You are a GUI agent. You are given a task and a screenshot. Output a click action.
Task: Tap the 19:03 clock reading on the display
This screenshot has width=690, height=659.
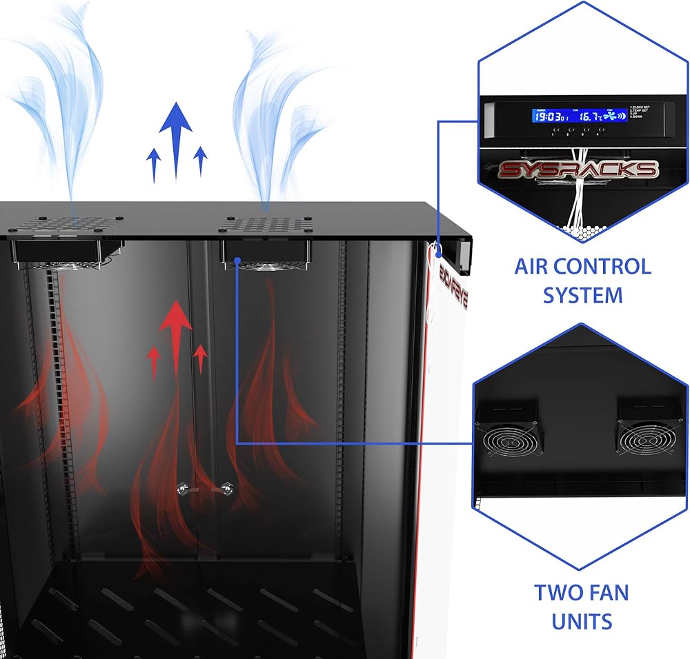[x=547, y=116]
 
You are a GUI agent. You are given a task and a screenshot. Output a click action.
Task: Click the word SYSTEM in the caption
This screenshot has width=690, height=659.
[x=582, y=295]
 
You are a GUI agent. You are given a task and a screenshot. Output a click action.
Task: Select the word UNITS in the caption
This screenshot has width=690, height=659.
[x=582, y=621]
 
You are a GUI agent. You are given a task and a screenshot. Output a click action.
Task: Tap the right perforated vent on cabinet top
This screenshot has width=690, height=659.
[x=265, y=225]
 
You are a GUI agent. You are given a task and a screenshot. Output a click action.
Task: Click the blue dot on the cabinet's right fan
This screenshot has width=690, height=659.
[x=237, y=261]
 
